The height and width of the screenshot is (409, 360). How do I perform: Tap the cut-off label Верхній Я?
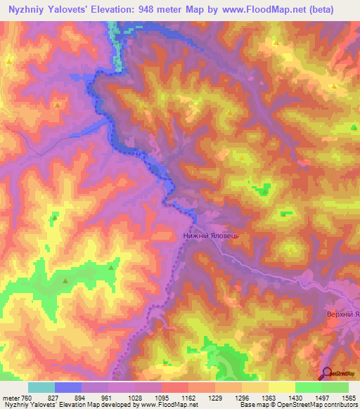coord(343,313)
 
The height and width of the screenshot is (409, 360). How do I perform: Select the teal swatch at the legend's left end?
coord(41,388)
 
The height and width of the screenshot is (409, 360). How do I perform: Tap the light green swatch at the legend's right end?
coord(335,388)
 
